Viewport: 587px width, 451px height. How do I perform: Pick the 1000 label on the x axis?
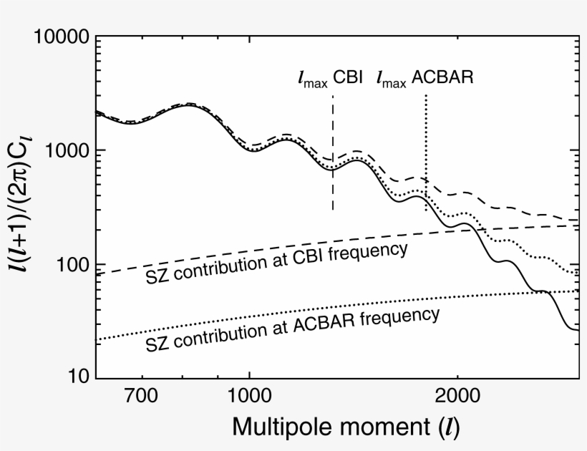point(249,396)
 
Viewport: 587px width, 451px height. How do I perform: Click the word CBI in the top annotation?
point(348,77)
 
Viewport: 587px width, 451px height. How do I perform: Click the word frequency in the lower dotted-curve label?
point(404,316)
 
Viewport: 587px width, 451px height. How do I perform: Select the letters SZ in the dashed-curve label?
point(155,274)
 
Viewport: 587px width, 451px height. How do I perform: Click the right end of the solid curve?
point(576,329)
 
